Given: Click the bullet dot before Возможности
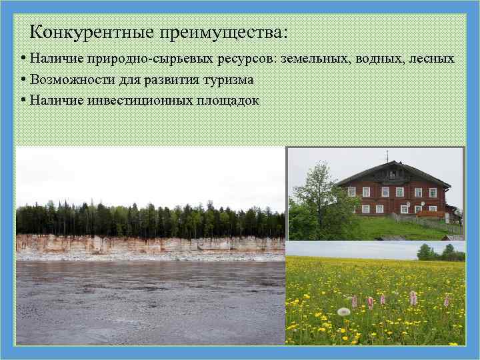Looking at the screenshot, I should coord(23,80).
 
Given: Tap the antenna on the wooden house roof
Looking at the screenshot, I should coord(387,155).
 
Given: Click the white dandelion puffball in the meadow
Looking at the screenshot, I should coord(343,311).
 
